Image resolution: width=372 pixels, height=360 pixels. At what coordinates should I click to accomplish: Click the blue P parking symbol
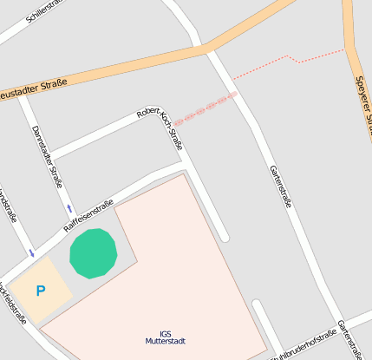pyautogui.click(x=40, y=291)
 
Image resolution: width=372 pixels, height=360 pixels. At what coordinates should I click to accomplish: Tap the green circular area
pyautogui.click(x=93, y=253)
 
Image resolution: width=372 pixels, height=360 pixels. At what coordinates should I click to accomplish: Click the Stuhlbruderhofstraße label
pyautogui.click(x=303, y=345)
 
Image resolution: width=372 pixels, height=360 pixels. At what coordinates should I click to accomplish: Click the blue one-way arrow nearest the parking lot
pyautogui.click(x=32, y=253)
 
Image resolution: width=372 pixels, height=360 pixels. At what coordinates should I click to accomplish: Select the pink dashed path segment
pyautogui.click(x=205, y=108)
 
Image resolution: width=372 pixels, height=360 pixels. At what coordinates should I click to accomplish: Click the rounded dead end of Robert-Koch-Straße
pyautogui.click(x=224, y=236)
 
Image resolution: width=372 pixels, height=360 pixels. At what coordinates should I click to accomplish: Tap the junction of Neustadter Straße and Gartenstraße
pyautogui.click(x=210, y=48)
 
